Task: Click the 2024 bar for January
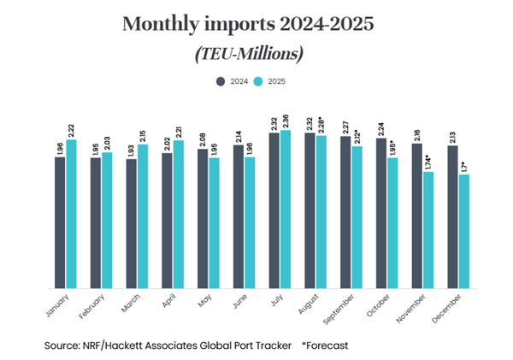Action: coord(60,222)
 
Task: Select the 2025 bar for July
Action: coord(286,210)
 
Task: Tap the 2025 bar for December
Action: coord(463,232)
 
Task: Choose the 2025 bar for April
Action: coord(178,215)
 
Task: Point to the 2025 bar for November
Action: coord(427,230)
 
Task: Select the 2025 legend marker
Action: coord(262,83)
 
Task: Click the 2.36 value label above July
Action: coord(286,119)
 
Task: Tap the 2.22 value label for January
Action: coord(71,129)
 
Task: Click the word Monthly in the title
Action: coord(156,24)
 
